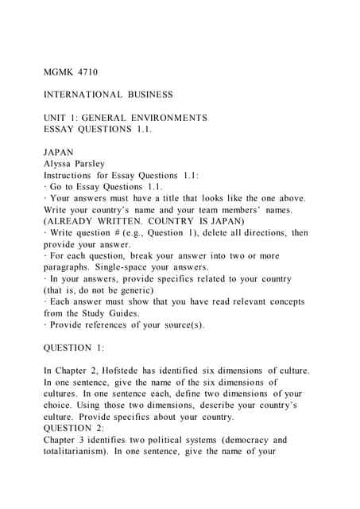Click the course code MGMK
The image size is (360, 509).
(58, 72)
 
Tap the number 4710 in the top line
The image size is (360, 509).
(88, 72)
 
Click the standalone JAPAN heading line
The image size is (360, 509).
(59, 152)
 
